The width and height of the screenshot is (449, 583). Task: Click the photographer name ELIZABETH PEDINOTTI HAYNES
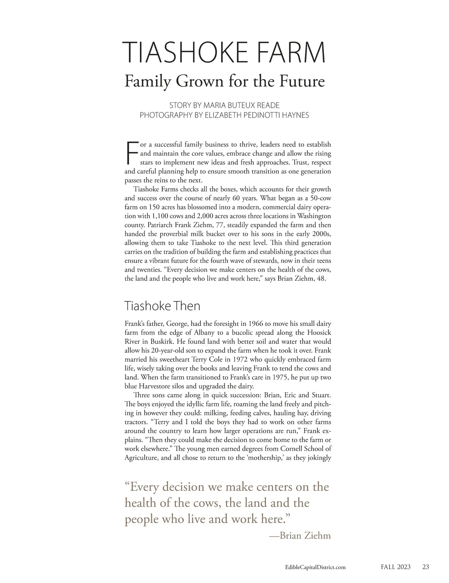[x=256, y=115]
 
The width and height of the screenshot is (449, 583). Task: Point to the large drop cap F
[x=131, y=153]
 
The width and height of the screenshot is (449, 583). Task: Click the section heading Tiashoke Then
[x=162, y=306]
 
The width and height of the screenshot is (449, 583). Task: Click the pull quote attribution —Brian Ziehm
[x=300, y=535]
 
